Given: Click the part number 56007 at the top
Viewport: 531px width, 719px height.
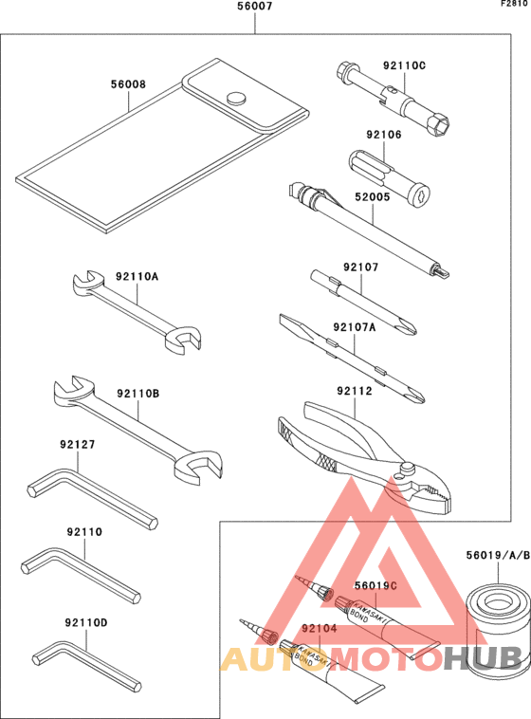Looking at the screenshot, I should click(x=255, y=9).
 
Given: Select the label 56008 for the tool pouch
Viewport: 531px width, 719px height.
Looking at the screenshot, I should click(x=128, y=84).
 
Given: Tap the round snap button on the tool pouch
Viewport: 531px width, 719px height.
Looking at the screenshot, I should click(x=236, y=96).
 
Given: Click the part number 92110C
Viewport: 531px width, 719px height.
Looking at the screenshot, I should click(x=405, y=65).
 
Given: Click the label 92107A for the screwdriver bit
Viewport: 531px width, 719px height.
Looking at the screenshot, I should click(x=355, y=327).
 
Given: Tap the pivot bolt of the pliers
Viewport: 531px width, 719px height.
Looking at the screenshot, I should click(x=408, y=468).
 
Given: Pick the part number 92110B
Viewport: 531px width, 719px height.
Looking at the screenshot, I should click(x=138, y=393).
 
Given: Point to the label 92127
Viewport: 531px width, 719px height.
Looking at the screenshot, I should click(x=78, y=443).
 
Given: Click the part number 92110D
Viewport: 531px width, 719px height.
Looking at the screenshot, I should click(x=86, y=622).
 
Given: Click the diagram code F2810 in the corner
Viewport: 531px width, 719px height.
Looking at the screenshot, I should click(x=515, y=5).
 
